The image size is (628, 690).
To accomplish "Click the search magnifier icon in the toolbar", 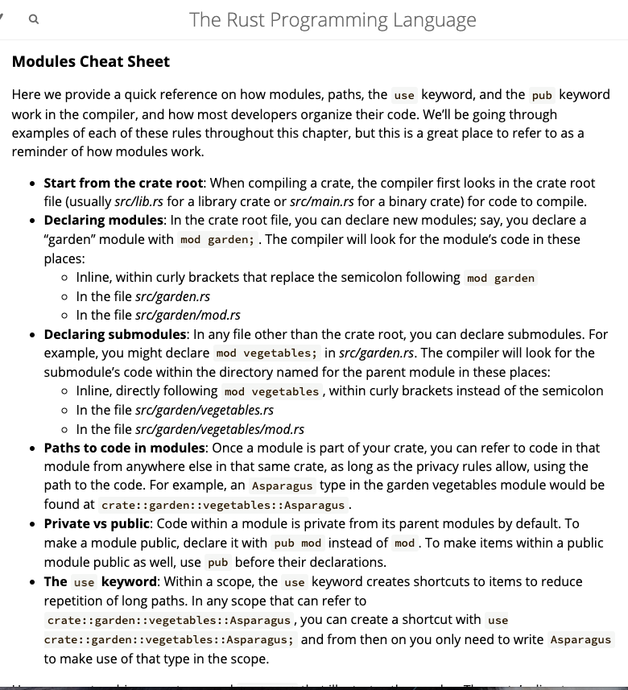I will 33,20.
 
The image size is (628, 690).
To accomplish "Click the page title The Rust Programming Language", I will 333,20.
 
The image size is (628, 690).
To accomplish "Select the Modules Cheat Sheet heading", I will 91,61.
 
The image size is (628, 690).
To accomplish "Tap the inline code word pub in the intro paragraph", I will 542,95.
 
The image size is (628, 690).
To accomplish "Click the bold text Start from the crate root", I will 123,183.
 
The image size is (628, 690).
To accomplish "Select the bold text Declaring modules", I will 103,220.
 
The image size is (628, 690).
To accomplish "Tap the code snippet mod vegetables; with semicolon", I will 266,353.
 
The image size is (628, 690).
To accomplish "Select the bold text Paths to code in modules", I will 125,448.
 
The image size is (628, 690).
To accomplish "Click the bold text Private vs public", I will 97,523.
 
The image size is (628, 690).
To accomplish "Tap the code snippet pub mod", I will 298,543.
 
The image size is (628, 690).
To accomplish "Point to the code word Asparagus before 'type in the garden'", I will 282,486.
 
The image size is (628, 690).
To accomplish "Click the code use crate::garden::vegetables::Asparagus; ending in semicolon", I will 170,639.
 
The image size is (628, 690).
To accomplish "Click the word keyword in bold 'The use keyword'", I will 130,581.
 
